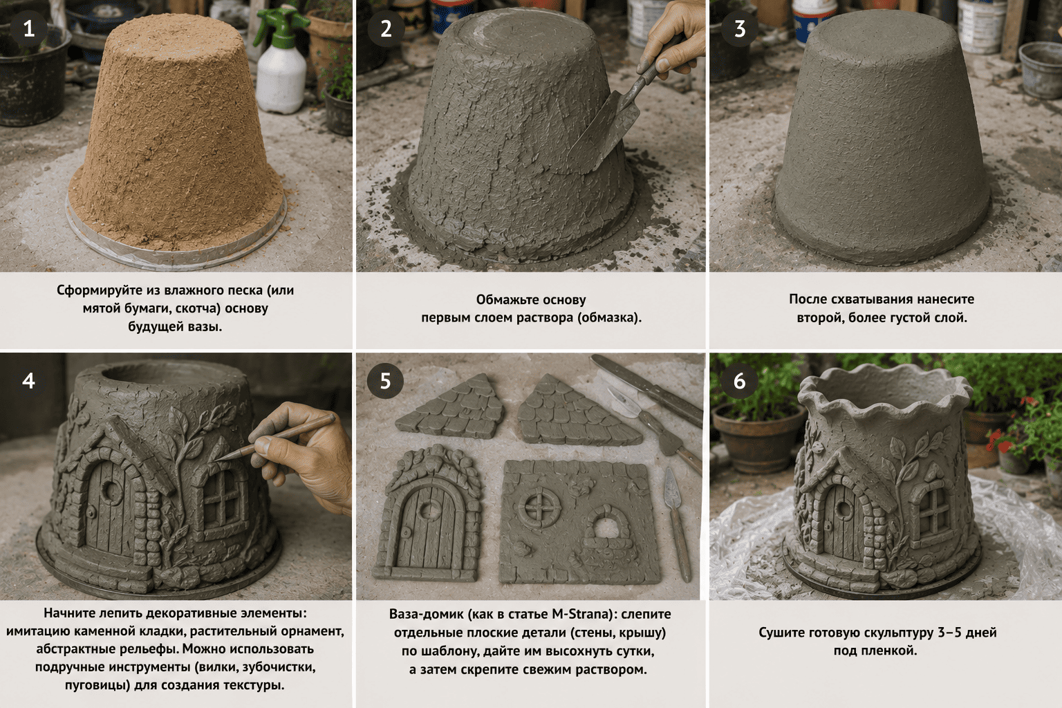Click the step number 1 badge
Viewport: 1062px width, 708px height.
coord(29,29)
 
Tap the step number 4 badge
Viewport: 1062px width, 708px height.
coord(29,381)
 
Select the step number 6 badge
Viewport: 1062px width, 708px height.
coord(740,381)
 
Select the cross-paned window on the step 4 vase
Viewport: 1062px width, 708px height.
coord(221,498)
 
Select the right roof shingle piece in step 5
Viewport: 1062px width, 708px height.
coord(576,410)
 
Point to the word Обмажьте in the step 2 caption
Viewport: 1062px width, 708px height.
coord(505,300)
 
